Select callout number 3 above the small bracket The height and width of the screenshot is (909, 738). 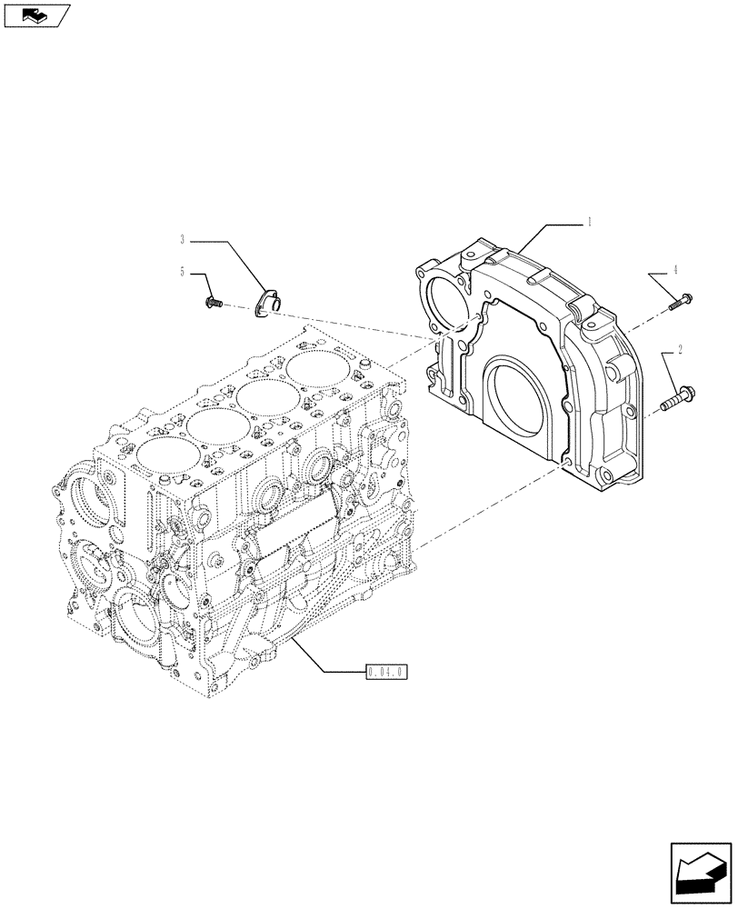183,240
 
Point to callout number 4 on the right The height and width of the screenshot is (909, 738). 675,270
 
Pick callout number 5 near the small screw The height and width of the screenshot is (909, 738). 183,272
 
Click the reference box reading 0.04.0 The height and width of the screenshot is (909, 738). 387,674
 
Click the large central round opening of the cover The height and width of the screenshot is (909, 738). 521,388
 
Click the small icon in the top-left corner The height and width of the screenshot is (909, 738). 35,14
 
